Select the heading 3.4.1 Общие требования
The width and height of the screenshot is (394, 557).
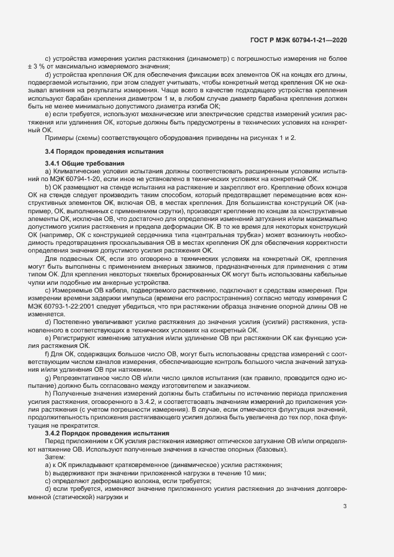point(85,163)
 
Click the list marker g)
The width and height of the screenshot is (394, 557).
point(48,378)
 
